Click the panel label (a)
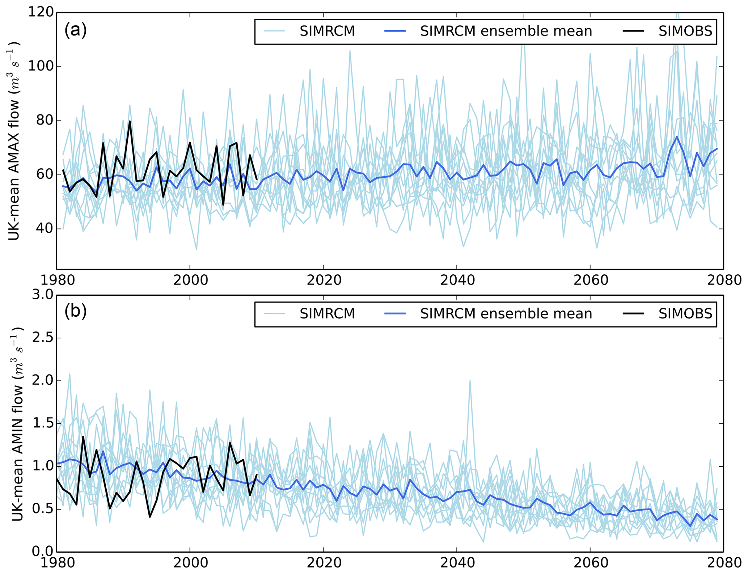(x=75, y=30)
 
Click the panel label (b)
(x=75, y=312)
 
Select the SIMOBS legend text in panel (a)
(x=685, y=31)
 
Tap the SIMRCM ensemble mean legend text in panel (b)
(x=506, y=314)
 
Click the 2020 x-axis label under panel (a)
(x=323, y=280)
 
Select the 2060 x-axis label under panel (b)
(x=590, y=563)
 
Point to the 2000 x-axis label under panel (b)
(x=190, y=563)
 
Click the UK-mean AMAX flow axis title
(x=14, y=141)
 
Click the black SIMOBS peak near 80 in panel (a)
(x=130, y=122)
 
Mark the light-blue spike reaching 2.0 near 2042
(x=470, y=381)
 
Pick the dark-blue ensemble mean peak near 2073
(x=677, y=137)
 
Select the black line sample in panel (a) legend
(x=633, y=31)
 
